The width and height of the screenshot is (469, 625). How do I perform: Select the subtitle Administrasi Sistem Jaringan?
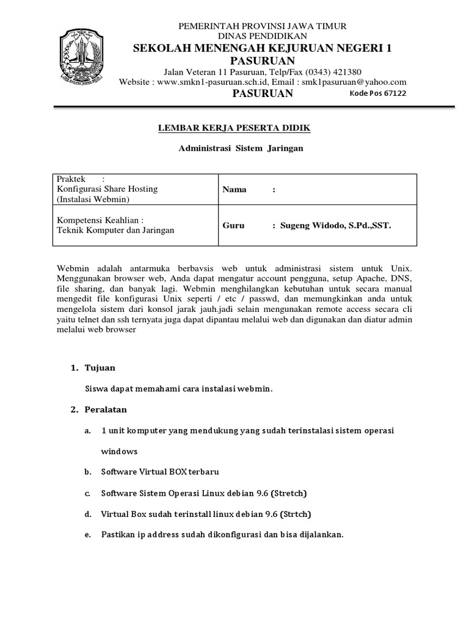240,148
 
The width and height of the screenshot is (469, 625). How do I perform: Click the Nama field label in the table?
234,189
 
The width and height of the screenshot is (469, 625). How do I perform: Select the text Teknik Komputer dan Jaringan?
115,230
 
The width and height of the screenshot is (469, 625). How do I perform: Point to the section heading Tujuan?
102,368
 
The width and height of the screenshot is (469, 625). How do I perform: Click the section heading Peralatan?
106,409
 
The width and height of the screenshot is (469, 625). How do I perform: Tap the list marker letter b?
87,472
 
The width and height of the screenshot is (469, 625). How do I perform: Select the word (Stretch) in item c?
286,493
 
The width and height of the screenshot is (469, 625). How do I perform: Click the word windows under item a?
119,452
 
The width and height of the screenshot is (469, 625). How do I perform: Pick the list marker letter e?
87,535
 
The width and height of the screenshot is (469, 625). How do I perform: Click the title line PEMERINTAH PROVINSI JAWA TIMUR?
262,26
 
